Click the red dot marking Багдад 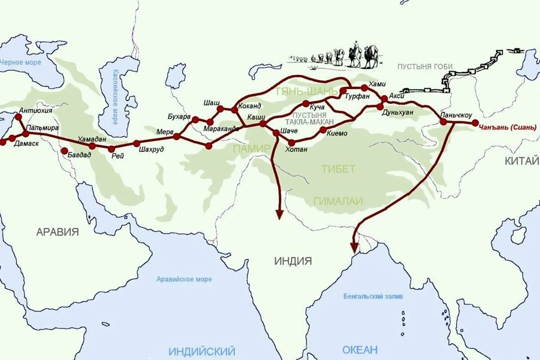(x=64, y=151)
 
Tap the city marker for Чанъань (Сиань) (x=475, y=123)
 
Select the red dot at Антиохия (x=18, y=117)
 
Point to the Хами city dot (x=364, y=88)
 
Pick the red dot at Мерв (x=176, y=136)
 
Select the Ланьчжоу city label (x=456, y=115)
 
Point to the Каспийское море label (x=115, y=97)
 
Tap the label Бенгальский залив (x=373, y=296)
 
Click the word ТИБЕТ (x=338, y=169)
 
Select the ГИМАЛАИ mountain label (x=338, y=201)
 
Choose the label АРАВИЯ (x=58, y=232)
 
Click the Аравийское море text (x=184, y=279)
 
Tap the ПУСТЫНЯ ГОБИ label (x=425, y=67)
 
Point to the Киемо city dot (x=323, y=130)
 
